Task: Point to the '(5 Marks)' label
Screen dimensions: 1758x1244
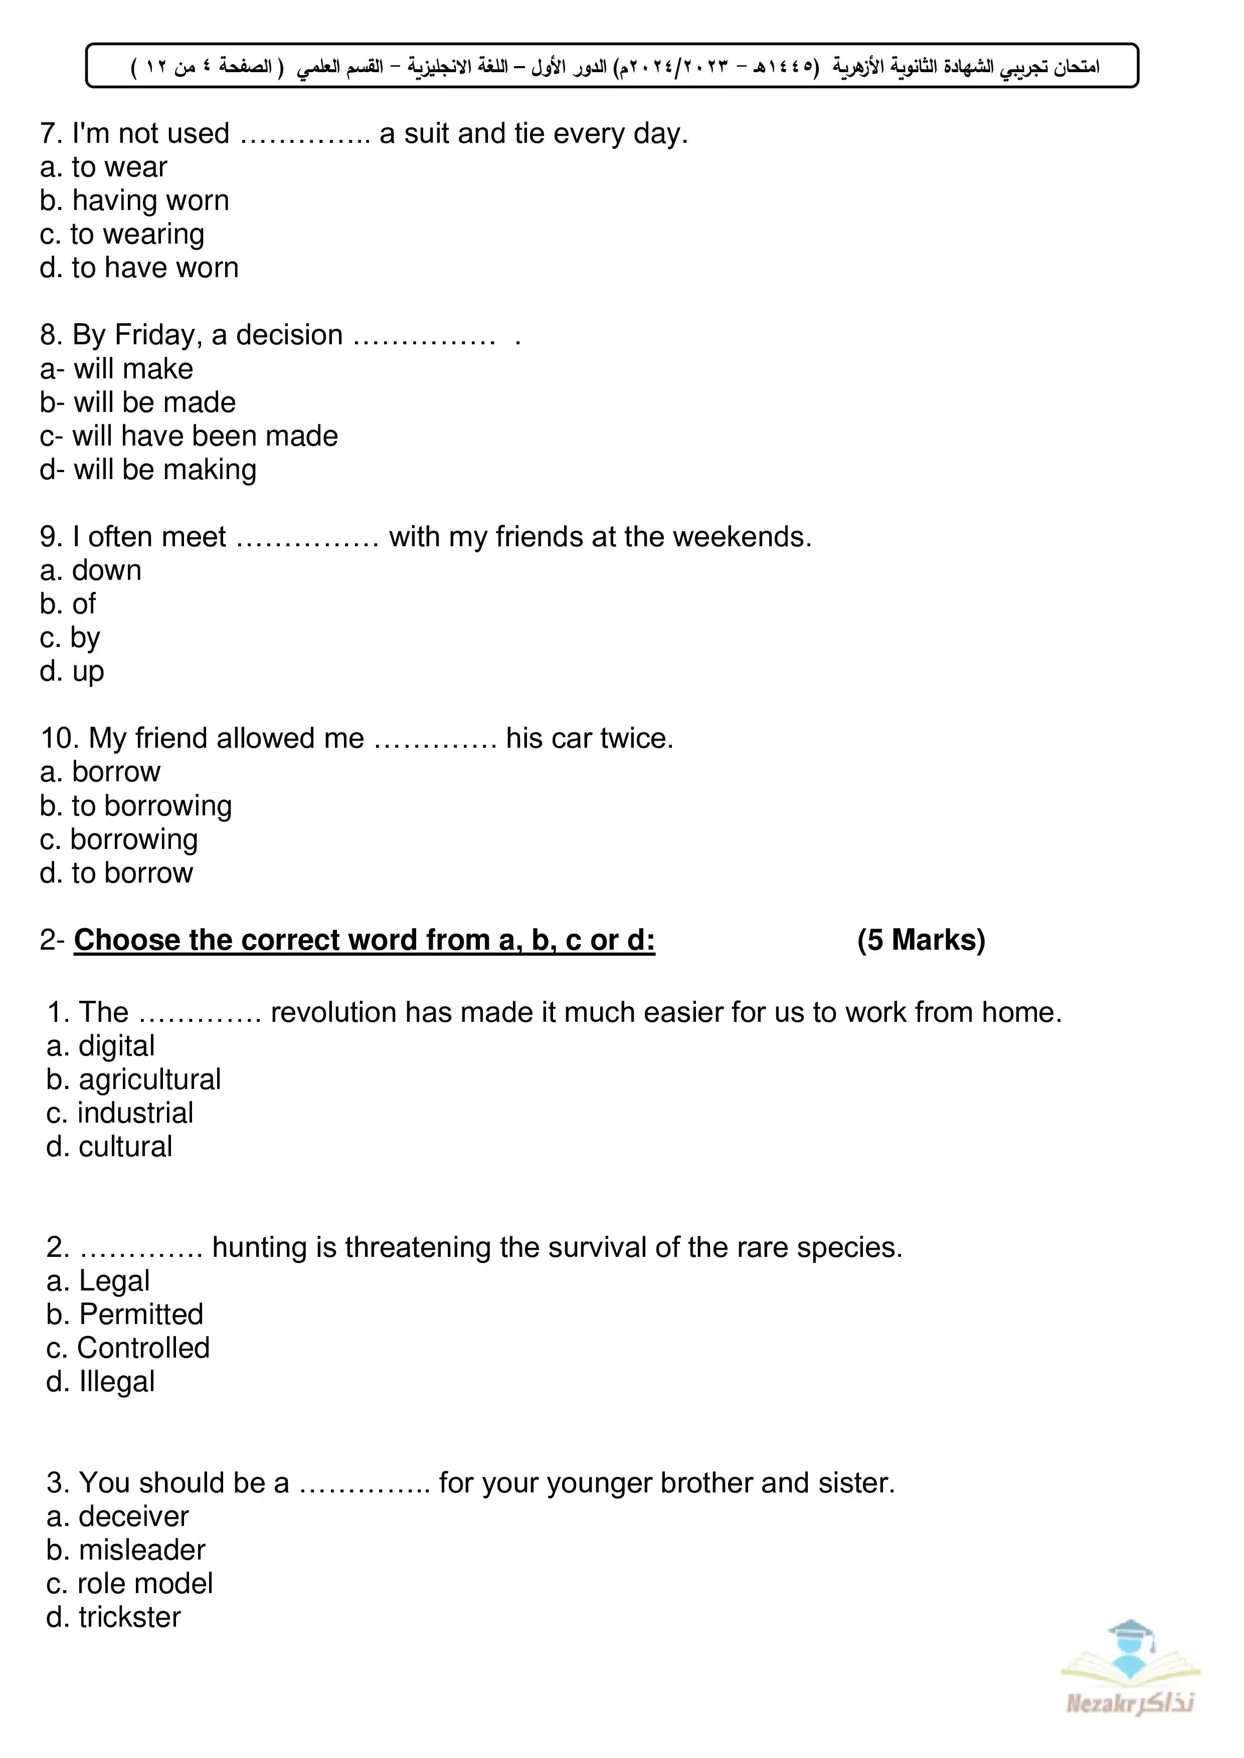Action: point(921,940)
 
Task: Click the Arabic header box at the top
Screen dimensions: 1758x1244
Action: point(612,66)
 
